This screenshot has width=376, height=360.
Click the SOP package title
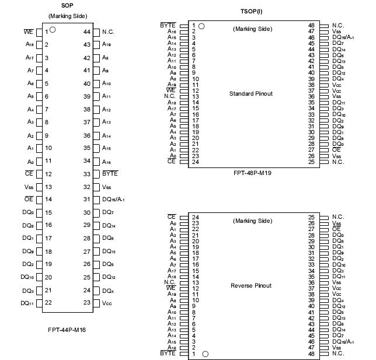click(x=67, y=5)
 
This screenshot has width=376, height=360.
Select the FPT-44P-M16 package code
click(x=67, y=329)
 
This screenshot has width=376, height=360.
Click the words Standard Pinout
click(x=251, y=94)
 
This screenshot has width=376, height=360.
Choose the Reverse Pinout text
click(x=251, y=286)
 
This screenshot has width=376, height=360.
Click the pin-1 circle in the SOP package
click(x=53, y=30)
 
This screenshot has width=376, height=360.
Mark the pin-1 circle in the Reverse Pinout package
click(x=205, y=354)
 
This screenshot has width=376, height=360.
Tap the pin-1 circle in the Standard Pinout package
click(x=202, y=26)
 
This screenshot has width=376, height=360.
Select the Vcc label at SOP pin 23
click(x=107, y=303)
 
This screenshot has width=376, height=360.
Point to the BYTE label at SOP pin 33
click(x=110, y=173)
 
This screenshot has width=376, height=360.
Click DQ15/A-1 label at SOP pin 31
click(x=113, y=199)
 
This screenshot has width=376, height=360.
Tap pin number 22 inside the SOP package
click(x=48, y=302)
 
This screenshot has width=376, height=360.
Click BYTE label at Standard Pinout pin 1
click(x=168, y=26)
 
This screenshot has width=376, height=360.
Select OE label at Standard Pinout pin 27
click(x=336, y=150)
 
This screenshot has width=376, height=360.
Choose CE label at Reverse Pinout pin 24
click(x=171, y=217)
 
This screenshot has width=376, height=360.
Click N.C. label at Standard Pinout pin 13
click(x=170, y=96)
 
